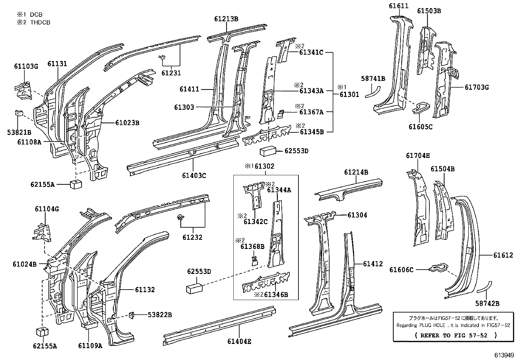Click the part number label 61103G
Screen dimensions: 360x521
pyautogui.click(x=26, y=66)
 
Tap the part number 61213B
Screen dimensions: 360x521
pyautogui.click(x=226, y=19)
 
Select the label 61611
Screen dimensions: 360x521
pyautogui.click(x=398, y=6)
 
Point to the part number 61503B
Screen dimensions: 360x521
pyautogui.click(x=429, y=11)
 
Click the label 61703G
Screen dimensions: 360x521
pyautogui.click(x=476, y=87)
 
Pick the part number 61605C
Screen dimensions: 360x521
pyautogui.click(x=420, y=127)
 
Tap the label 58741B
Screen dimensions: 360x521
pyautogui.click(x=373, y=79)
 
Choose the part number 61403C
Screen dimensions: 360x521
pyautogui.click(x=194, y=176)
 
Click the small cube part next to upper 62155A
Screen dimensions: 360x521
pyautogui.click(x=76, y=184)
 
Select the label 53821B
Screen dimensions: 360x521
pyautogui.click(x=19, y=132)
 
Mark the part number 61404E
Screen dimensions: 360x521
pyautogui.click(x=239, y=342)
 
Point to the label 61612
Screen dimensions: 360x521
pyautogui.click(x=503, y=255)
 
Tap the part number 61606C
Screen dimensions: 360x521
pyautogui.click(x=401, y=270)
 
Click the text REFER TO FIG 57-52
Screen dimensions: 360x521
pyautogui.click(x=456, y=335)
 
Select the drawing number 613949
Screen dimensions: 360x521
pyautogui.click(x=507, y=355)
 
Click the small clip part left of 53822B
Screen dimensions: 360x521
pyautogui.click(x=133, y=315)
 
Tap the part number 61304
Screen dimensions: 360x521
pyautogui.click(x=357, y=215)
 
